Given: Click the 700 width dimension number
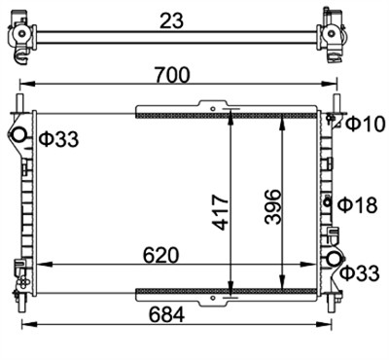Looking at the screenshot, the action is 172,75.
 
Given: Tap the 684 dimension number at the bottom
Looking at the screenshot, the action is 167,314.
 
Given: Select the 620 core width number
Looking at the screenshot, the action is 161,255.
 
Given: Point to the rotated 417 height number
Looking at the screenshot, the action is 221,212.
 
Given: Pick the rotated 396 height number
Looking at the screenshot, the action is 272,206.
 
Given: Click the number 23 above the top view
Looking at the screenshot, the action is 172,20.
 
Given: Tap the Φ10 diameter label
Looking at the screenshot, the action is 365,124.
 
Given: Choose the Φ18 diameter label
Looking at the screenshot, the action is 358,205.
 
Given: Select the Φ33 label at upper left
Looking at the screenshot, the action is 59,139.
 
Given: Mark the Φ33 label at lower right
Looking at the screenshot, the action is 360,272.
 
